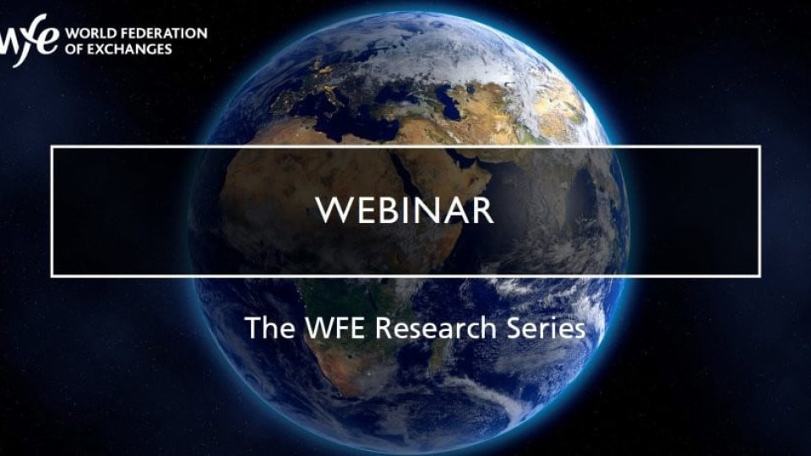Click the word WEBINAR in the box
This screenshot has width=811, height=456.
pyautogui.click(x=405, y=210)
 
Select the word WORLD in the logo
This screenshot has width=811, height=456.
pyautogui.click(x=89, y=34)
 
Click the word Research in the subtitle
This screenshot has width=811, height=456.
pyautogui.click(x=432, y=328)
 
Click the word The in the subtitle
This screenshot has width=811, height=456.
pyautogui.click(x=268, y=328)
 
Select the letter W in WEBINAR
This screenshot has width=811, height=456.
pyautogui.click(x=332, y=210)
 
